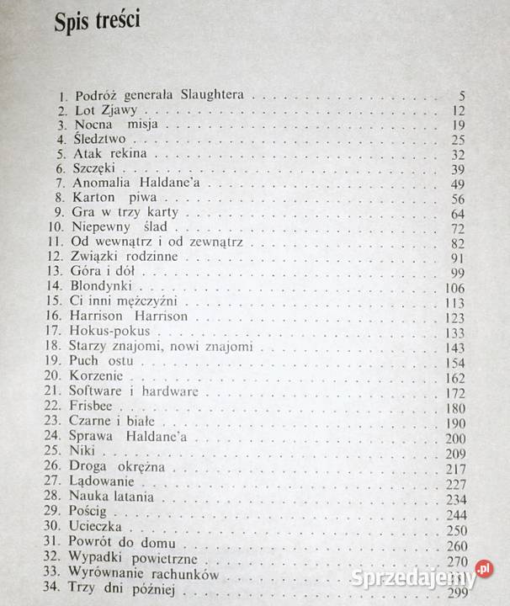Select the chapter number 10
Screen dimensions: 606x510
(x=56, y=229)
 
